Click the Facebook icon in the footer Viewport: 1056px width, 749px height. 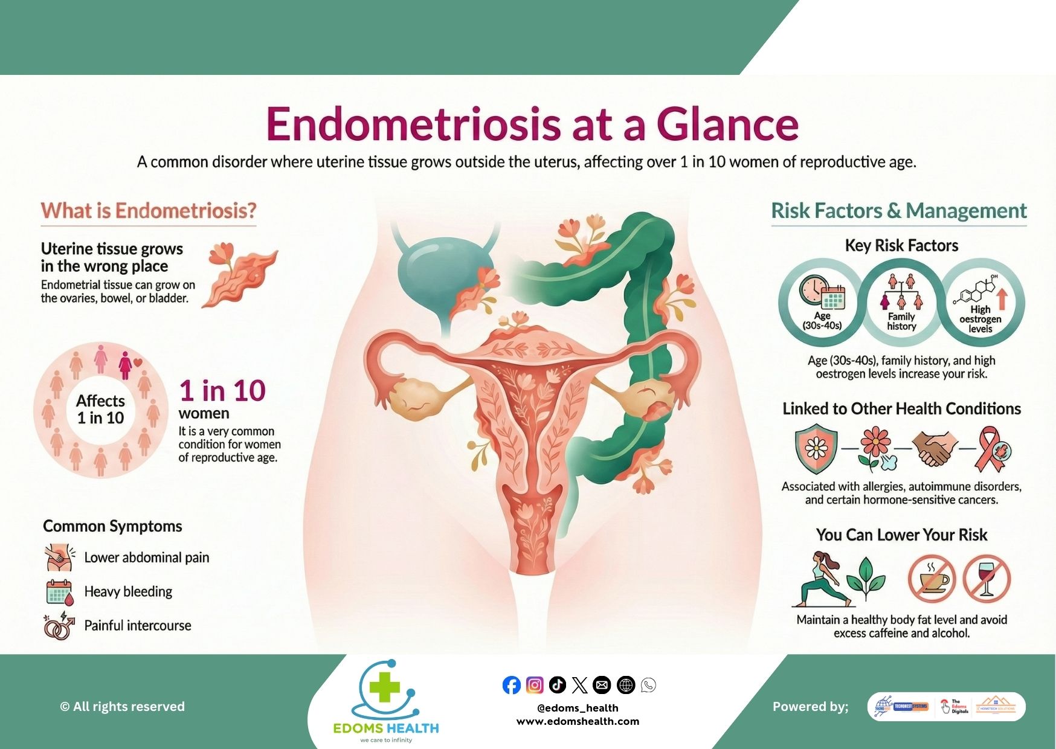[x=511, y=685]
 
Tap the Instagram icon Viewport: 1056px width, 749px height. [x=534, y=685]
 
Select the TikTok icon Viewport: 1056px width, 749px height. [x=557, y=684]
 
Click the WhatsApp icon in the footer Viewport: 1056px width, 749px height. [x=648, y=685]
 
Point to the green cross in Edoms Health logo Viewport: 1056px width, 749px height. [x=385, y=688]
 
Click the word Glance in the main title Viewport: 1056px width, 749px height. [x=727, y=124]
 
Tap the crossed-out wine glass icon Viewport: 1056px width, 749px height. [x=986, y=579]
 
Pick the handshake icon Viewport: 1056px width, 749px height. [x=935, y=448]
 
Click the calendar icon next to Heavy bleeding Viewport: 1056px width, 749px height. [x=59, y=592]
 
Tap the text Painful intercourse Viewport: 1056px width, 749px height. [x=138, y=626]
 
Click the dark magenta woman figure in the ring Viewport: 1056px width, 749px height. [x=126, y=364]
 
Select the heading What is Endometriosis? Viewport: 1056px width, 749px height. [x=149, y=211]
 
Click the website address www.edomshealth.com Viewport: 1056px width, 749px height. [x=578, y=721]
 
